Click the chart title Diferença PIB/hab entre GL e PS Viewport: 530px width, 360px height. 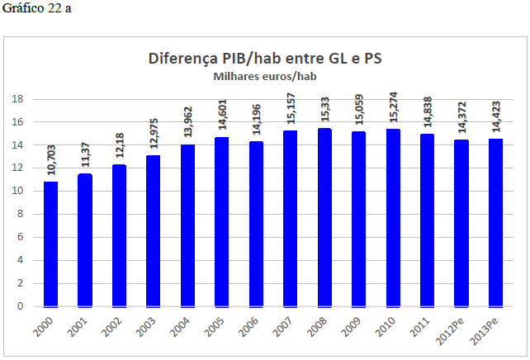[265, 59]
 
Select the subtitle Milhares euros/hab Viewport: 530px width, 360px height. [265, 76]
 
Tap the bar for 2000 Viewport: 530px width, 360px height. [51, 244]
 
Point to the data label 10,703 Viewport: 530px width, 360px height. [51, 157]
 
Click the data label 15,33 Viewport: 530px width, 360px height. [324, 108]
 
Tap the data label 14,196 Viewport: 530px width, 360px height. [256, 118]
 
